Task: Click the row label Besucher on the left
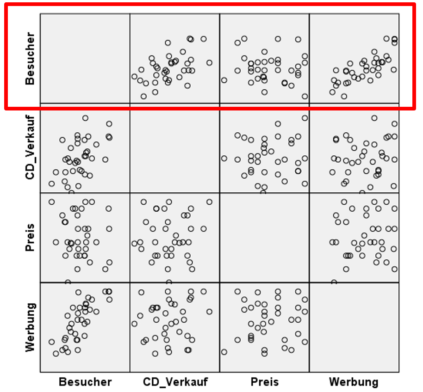click(30, 58)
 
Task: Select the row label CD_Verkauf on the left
click(30, 148)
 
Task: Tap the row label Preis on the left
click(30, 238)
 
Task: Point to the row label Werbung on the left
click(30, 327)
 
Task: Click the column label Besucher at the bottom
click(85, 382)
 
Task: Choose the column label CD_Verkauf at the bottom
click(175, 382)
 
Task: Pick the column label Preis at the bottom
click(265, 382)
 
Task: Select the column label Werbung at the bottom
click(354, 382)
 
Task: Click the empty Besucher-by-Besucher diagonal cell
click(85, 58)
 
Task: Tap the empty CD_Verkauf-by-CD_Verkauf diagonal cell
click(174, 148)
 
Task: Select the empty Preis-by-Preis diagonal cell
click(264, 238)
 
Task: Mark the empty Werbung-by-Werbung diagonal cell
click(354, 327)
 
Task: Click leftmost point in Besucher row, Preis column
click(224, 80)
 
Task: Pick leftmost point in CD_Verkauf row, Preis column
click(224, 158)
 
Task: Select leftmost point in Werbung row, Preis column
click(224, 352)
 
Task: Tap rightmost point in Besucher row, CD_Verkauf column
click(209, 62)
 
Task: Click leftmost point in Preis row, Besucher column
click(51, 202)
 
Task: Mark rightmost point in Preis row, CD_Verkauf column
click(209, 202)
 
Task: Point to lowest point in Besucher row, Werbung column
click(344, 96)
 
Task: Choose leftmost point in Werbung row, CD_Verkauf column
click(134, 324)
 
